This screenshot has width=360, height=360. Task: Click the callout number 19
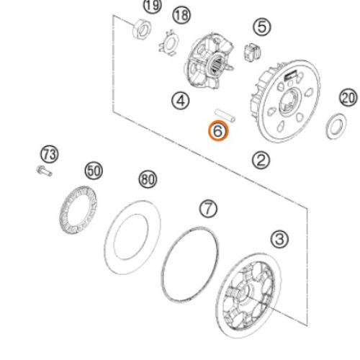tap(153, 5)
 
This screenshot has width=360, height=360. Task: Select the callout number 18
tap(181, 15)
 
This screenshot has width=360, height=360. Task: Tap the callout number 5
tap(262, 27)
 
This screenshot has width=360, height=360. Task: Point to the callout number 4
tap(181, 101)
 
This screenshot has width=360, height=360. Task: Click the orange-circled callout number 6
tap(218, 131)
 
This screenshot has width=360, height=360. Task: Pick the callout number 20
tap(348, 98)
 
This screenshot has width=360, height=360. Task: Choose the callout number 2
tap(261, 161)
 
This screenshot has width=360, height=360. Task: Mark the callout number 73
tap(50, 154)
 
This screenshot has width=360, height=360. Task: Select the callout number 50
tap(94, 171)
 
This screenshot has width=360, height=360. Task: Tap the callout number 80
tap(148, 179)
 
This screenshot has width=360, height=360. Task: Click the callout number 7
tap(208, 209)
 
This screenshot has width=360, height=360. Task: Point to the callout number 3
tap(279, 239)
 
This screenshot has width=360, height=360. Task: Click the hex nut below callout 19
tap(142, 30)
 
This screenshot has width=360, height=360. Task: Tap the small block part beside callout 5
tap(252, 52)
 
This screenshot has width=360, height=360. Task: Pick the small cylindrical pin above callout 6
tap(225, 115)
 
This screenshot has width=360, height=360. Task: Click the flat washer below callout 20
tap(336, 126)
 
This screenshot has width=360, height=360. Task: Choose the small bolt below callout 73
tap(44, 171)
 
